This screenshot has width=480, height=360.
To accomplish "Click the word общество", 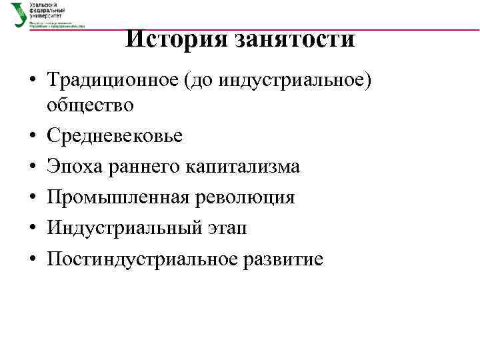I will tap(90, 105).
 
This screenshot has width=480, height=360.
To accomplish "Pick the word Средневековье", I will tap(114, 135).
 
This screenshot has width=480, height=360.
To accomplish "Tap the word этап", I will tap(229, 228).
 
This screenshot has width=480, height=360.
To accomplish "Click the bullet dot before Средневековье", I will tap(33, 137).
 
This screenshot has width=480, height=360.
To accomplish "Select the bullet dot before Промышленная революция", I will tap(33, 198).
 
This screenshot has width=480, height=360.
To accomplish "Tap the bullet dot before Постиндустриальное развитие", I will tap(33, 259).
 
